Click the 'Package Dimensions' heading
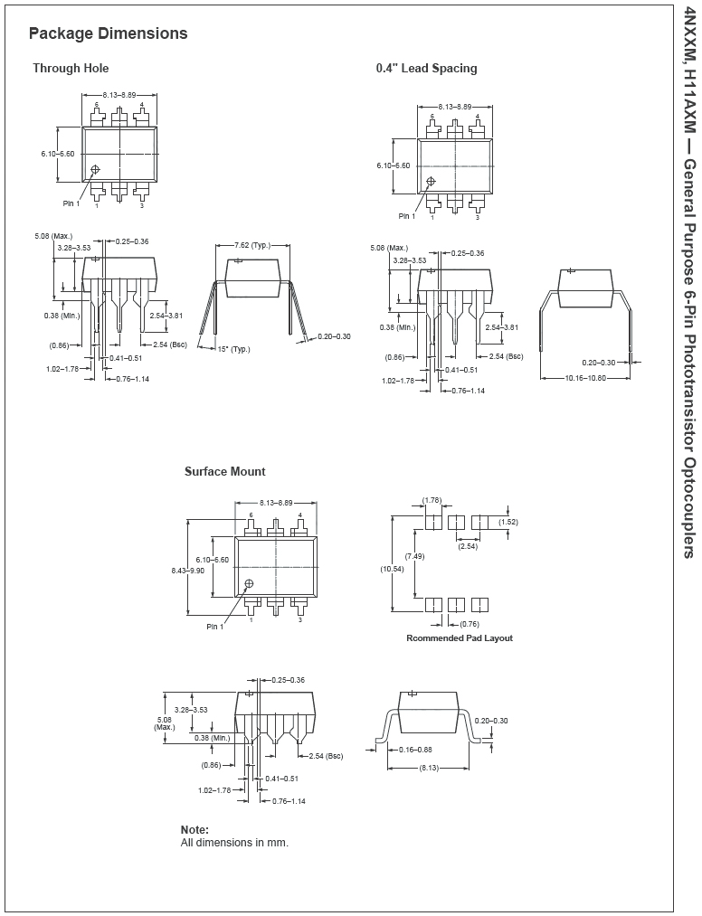click(109, 33)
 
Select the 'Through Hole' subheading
click(71, 69)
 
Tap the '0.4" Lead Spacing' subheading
click(426, 69)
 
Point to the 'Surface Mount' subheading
click(225, 471)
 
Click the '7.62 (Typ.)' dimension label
click(253, 245)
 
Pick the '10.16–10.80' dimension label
click(585, 378)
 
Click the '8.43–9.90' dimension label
click(187, 571)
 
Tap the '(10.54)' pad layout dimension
click(392, 569)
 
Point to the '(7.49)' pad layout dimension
click(414, 556)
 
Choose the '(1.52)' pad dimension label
click(508, 522)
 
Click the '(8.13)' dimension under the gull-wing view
click(429, 768)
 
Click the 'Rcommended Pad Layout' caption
click(460, 637)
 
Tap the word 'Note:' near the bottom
click(194, 829)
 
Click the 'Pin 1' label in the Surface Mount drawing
click(214, 627)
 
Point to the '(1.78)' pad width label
click(432, 500)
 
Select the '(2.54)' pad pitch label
click(468, 546)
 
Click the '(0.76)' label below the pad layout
click(470, 624)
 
